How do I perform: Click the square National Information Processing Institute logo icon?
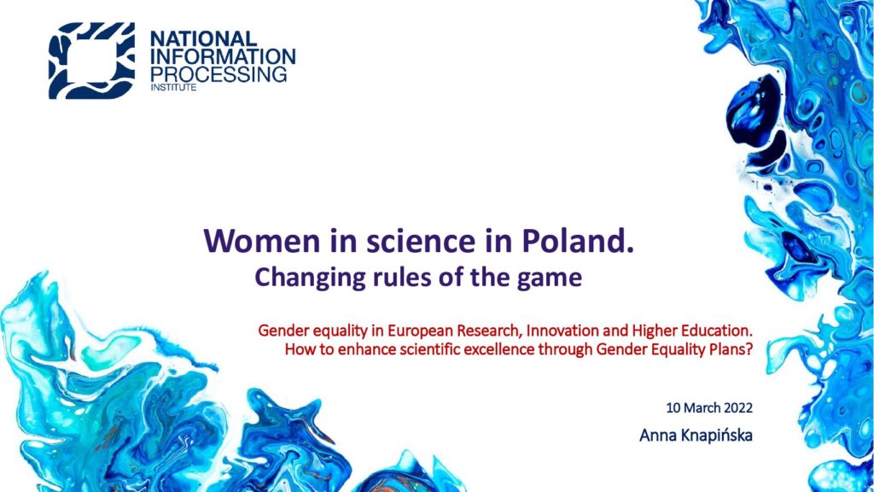click(x=92, y=61)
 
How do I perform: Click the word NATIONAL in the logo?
click(x=204, y=38)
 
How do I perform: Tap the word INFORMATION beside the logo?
click(x=223, y=56)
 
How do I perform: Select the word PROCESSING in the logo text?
click(x=218, y=74)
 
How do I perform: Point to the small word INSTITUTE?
click(x=173, y=88)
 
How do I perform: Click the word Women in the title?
click(x=262, y=240)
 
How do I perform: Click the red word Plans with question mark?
click(x=732, y=349)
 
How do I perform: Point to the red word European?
click(x=420, y=331)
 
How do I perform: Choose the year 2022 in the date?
click(x=738, y=407)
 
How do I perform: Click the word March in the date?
click(x=702, y=407)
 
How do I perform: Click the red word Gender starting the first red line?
click(x=283, y=331)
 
